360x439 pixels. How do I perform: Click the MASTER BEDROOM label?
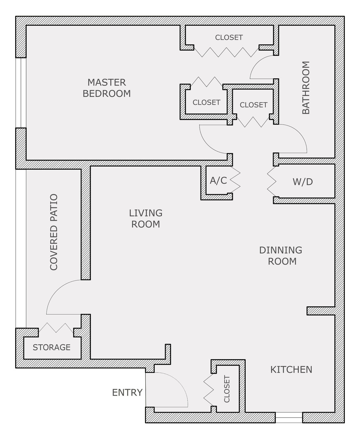coord(107,88)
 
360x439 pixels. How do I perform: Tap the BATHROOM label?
coord(306,88)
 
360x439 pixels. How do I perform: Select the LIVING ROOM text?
coord(146,219)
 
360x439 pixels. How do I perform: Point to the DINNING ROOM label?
coord(281,256)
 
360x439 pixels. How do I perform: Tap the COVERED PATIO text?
coord(54,232)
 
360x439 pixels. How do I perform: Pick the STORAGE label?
coord(52,347)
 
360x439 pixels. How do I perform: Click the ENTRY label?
coord(127,393)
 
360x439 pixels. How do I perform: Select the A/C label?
coord(218,180)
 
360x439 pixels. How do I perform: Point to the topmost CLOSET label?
coord(229,37)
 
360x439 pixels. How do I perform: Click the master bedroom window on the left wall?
coord(21,93)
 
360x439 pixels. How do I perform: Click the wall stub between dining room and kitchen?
coord(321,311)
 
